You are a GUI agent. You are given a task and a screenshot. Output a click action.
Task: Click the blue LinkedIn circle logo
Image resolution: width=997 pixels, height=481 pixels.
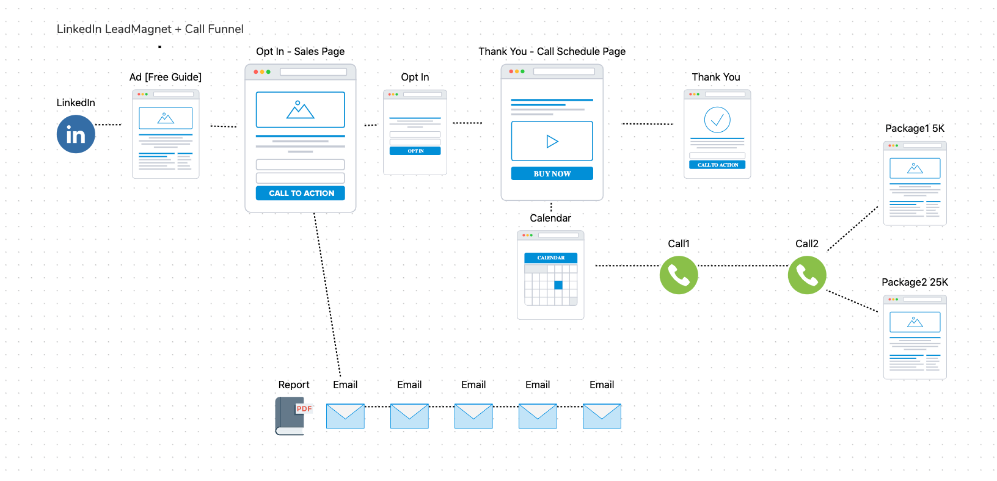[x=76, y=134]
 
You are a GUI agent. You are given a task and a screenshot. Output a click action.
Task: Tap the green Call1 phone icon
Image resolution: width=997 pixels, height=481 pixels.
[x=679, y=275]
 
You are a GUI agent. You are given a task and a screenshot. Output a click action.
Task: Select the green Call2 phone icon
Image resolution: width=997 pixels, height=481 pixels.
[x=807, y=275]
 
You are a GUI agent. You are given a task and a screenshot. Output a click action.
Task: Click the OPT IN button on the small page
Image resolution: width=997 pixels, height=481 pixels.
[x=415, y=151]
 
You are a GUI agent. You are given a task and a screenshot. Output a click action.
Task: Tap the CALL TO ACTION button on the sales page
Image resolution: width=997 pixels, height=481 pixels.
[x=301, y=193]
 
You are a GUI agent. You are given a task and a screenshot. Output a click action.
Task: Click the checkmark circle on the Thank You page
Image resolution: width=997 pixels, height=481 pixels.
[x=717, y=120]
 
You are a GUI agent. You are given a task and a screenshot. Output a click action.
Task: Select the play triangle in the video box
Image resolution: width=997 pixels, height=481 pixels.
[x=552, y=142]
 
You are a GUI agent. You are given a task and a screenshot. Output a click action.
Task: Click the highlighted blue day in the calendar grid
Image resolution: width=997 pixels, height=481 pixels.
[x=558, y=285]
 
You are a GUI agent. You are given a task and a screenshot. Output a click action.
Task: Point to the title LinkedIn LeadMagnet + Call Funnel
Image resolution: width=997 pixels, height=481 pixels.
[x=150, y=29]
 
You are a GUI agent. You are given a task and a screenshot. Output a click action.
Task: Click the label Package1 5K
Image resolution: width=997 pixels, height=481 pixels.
[x=915, y=128]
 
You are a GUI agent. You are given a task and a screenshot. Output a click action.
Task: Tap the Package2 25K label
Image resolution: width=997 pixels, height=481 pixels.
[x=915, y=282]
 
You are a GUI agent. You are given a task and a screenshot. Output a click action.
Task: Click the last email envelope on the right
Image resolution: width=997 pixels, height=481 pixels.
[x=602, y=416]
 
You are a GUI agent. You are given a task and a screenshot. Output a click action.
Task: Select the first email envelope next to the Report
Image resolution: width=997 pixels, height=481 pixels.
[x=345, y=416]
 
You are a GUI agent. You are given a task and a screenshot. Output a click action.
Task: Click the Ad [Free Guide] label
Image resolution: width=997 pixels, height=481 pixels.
[x=166, y=77]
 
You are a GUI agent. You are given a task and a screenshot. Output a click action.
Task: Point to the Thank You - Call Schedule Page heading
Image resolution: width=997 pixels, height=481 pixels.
[x=552, y=51]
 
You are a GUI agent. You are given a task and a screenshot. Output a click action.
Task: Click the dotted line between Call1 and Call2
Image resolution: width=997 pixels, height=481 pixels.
[x=743, y=266]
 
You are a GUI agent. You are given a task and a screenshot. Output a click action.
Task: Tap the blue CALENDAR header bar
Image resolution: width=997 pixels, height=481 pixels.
[x=551, y=258]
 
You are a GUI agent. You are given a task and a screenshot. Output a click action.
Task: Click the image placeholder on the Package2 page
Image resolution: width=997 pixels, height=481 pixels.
[x=915, y=322]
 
